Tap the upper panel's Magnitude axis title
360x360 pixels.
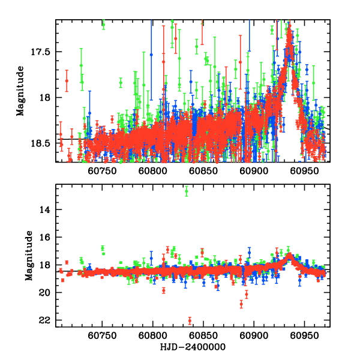point(20,91)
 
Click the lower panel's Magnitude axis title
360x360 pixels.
point(28,256)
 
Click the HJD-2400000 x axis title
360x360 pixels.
point(192,347)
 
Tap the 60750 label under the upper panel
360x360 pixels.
point(101,171)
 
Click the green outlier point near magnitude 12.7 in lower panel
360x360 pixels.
point(187,191)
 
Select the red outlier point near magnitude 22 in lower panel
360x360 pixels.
point(190,320)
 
